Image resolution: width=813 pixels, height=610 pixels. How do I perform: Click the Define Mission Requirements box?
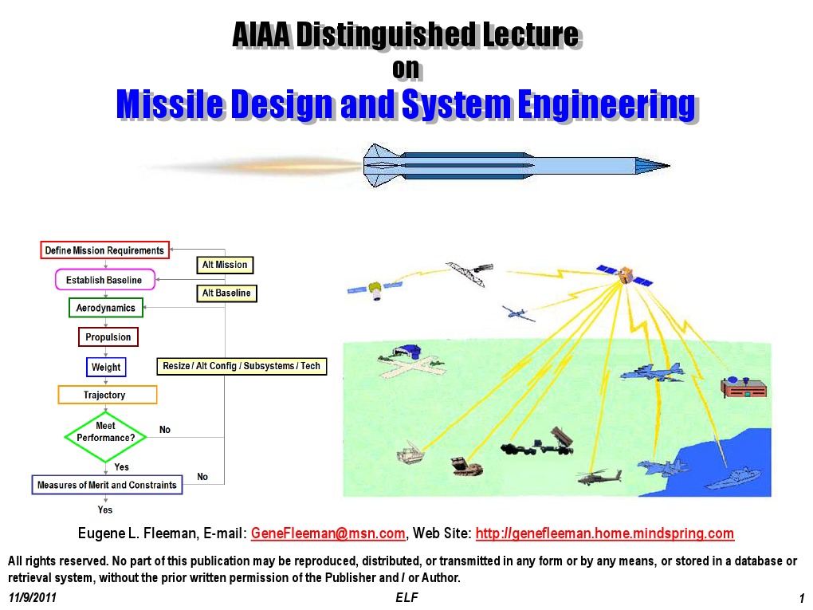point(104,250)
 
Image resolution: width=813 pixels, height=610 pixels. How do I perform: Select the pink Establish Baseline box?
point(104,280)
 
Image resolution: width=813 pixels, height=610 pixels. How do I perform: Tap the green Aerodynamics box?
point(105,308)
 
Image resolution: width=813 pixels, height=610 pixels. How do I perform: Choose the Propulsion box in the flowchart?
point(108,337)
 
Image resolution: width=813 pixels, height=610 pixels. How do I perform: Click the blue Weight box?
point(106,367)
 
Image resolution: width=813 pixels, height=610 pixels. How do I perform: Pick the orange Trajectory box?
point(107,395)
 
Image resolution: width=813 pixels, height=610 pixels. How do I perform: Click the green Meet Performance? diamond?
point(106,437)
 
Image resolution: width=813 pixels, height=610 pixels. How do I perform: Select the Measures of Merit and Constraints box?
point(107,485)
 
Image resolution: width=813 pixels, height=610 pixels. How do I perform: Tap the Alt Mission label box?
point(225,265)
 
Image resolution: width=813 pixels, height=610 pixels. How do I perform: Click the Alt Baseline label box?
point(226,293)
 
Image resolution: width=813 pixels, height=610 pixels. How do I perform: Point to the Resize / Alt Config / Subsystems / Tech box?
point(242,366)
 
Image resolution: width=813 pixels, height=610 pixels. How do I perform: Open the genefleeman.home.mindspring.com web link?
point(604,533)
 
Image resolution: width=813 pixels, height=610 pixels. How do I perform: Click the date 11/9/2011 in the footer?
point(33,598)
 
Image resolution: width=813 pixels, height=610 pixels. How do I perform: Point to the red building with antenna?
point(743,388)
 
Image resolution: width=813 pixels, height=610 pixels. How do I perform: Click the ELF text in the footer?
point(406,597)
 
